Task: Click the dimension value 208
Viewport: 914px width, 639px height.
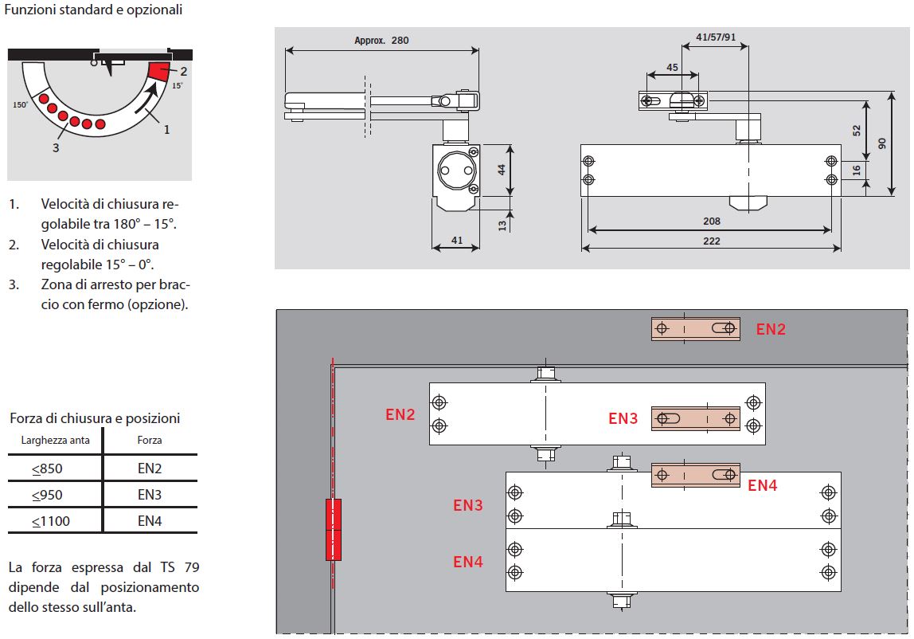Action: pyautogui.click(x=712, y=221)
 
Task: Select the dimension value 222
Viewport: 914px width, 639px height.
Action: pyautogui.click(x=712, y=241)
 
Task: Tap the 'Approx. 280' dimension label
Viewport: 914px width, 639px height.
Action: pyautogui.click(x=381, y=40)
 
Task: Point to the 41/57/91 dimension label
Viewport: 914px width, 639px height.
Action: pyautogui.click(x=716, y=37)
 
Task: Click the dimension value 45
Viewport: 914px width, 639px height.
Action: pyautogui.click(x=673, y=68)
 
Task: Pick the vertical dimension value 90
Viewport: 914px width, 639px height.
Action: pyautogui.click(x=881, y=143)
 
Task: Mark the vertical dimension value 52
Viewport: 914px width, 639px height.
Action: pyautogui.click(x=857, y=130)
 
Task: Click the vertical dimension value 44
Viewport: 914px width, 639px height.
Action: pyautogui.click(x=501, y=169)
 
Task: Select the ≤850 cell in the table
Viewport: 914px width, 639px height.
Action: pyautogui.click(x=47, y=468)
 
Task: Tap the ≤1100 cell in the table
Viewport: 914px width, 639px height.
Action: pyautogui.click(x=51, y=521)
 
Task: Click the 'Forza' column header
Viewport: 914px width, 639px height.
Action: pyautogui.click(x=149, y=440)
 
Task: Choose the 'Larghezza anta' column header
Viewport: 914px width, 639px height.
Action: pyautogui.click(x=55, y=440)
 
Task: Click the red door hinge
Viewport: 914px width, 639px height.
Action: pyautogui.click(x=334, y=530)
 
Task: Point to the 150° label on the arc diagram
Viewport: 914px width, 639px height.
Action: pyautogui.click(x=21, y=104)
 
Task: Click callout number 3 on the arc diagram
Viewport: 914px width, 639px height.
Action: pyautogui.click(x=55, y=147)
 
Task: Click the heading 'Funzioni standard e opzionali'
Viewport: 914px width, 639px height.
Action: pyautogui.click(x=93, y=10)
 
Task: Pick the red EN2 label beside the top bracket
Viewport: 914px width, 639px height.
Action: pyautogui.click(x=770, y=329)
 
